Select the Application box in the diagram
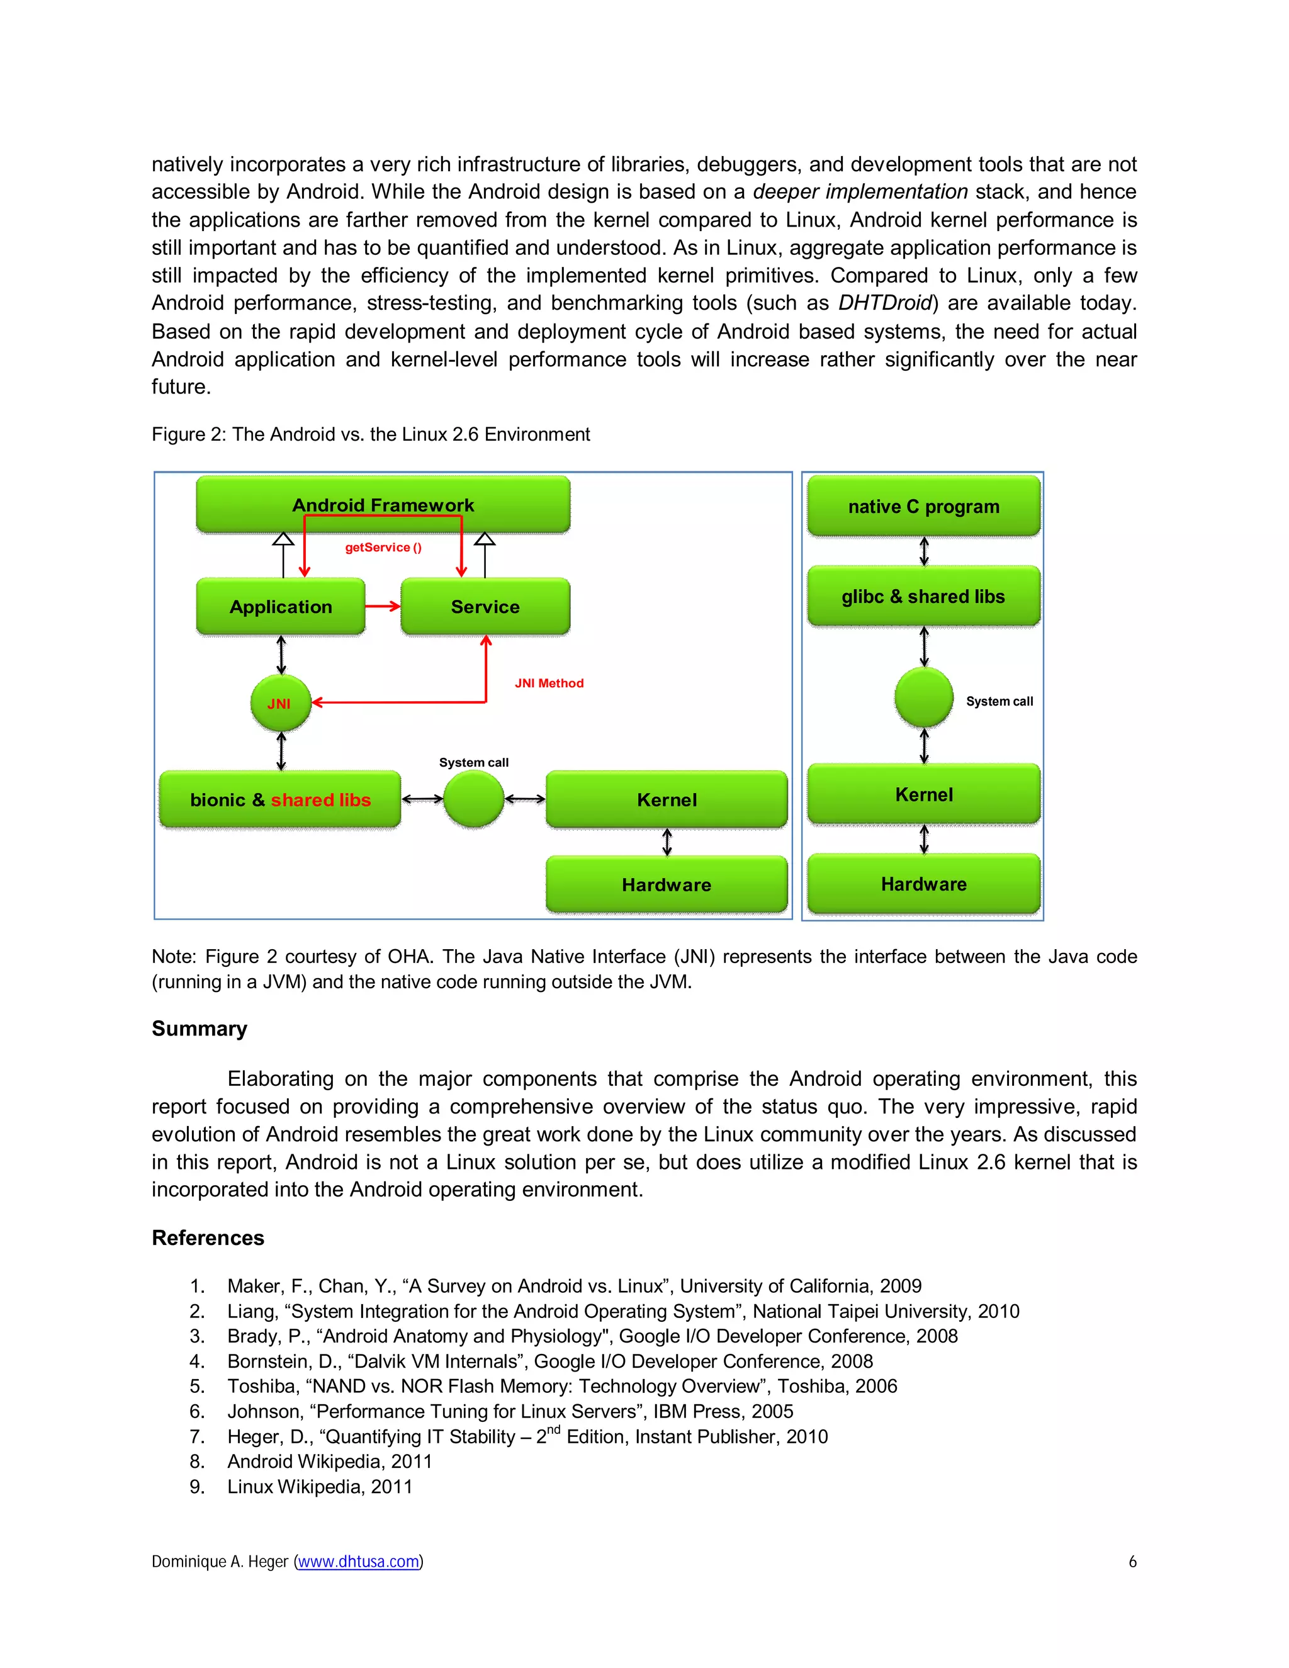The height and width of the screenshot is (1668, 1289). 280,606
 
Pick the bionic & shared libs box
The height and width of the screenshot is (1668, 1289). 279,799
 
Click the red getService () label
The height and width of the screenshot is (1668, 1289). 383,548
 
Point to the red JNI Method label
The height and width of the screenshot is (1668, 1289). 549,684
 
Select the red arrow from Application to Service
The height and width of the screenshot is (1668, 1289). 383,606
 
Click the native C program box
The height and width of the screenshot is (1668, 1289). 923,506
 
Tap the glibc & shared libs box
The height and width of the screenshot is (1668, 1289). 923,597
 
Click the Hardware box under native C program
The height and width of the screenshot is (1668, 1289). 923,884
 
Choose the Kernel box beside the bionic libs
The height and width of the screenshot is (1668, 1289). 667,799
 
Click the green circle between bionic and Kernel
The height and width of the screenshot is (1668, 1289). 473,799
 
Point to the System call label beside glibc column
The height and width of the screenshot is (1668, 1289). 999,701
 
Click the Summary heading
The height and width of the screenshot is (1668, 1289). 200,1028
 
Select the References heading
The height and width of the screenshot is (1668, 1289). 208,1238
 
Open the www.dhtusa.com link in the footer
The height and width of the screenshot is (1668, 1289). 358,1562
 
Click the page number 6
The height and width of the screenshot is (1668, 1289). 1132,1562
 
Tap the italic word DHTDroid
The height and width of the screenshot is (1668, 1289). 885,303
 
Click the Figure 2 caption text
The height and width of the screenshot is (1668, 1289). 370,434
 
